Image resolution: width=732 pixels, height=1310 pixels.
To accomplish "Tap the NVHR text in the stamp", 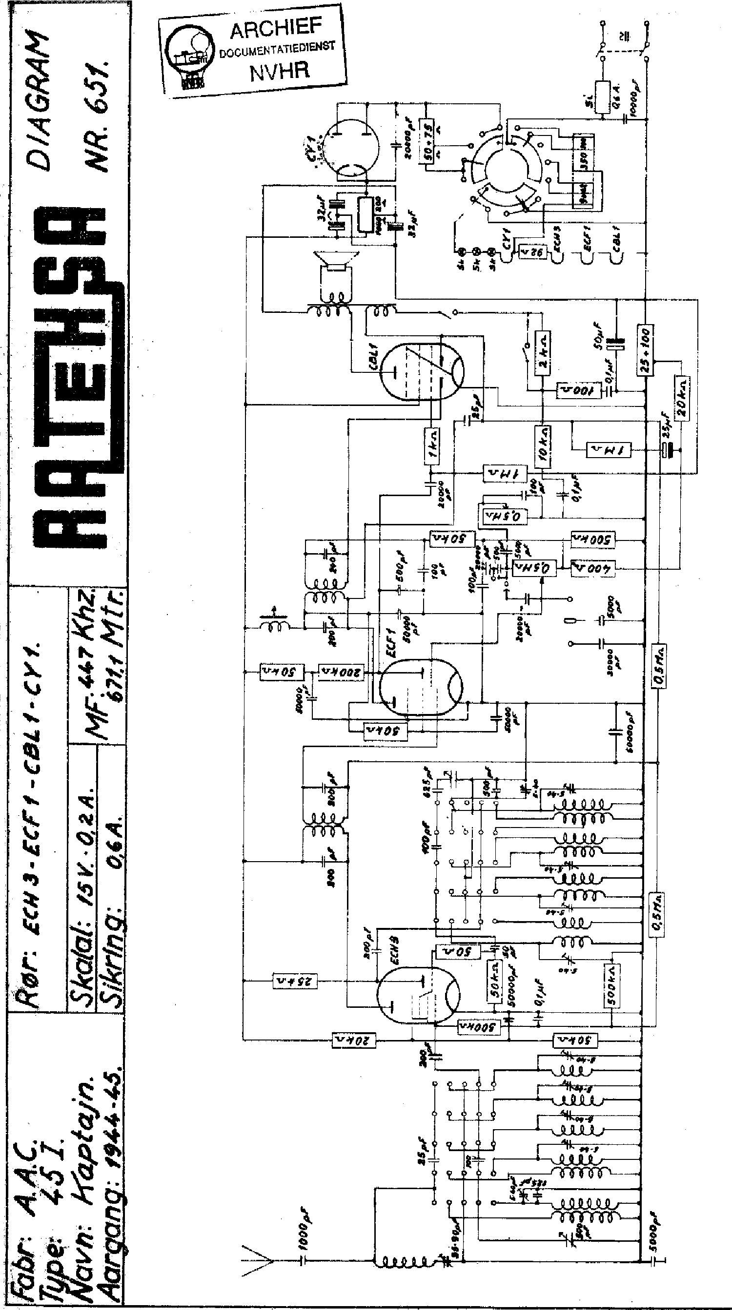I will tap(279, 70).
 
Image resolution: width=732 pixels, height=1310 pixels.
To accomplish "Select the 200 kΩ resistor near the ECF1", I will tap(341, 672).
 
